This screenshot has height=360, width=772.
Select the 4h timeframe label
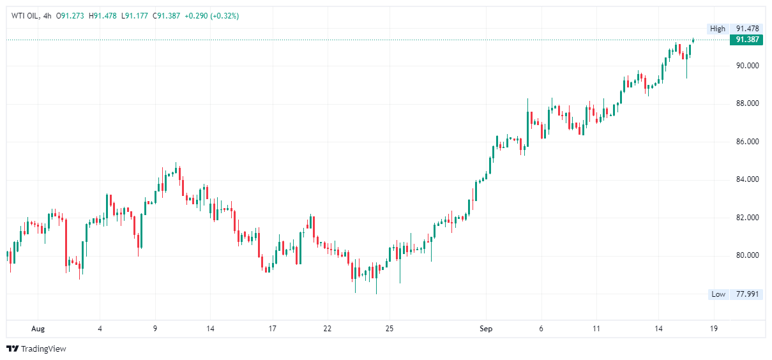pos(46,16)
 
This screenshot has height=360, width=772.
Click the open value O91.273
pos(71,16)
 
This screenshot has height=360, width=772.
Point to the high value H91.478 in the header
pos(105,16)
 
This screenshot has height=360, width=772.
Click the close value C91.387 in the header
pos(167,16)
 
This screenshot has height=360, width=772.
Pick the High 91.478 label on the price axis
pos(735,29)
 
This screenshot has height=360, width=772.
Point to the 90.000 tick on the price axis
pos(747,66)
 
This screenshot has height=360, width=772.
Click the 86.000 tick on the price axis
pos(747,142)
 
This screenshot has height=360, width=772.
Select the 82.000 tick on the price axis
pos(747,218)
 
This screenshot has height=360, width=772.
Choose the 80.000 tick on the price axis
pos(747,256)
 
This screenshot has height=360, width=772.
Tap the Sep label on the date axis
pos(486,329)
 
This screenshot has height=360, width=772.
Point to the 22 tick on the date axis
pos(328,329)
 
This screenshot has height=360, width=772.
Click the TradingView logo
pos(36,349)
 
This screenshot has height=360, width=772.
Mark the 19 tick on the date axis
pos(714,329)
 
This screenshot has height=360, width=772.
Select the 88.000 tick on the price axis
pos(747,103)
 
